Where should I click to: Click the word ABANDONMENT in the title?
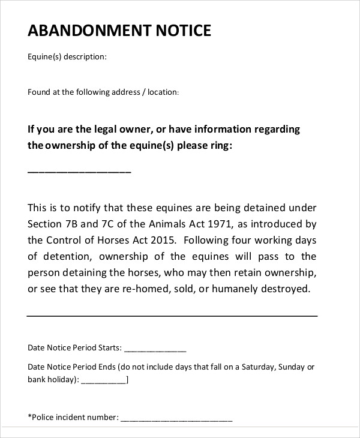point(88,31)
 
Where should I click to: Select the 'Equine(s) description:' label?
point(67,58)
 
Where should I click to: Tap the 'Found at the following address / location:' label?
point(103,92)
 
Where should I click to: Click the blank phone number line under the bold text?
point(79,172)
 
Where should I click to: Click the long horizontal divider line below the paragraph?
point(172,315)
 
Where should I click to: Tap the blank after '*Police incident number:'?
point(176,418)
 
